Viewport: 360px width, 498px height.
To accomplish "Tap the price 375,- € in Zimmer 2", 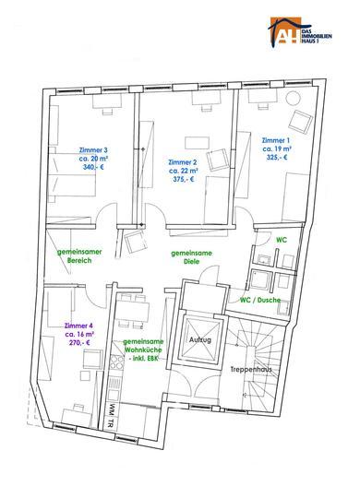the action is (183, 179).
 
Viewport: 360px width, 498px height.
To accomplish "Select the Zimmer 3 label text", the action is (93, 150).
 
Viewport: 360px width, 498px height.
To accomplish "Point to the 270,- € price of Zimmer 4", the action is (79, 343).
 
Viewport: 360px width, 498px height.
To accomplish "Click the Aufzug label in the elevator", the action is (200, 339).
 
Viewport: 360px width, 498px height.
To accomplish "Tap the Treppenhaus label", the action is (251, 370).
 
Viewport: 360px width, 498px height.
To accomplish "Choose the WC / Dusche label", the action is (260, 300).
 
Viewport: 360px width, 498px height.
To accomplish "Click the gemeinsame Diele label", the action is (191, 257).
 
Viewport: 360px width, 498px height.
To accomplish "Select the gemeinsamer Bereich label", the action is (79, 256).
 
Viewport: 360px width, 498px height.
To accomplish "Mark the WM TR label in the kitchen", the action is (111, 416).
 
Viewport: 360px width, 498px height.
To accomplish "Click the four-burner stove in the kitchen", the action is (116, 362).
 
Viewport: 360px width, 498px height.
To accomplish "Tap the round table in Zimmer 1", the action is (293, 98).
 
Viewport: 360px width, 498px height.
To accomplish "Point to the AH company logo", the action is (300, 31).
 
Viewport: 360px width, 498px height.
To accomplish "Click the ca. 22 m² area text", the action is (184, 171).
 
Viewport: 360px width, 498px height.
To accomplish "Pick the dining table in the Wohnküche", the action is (132, 312).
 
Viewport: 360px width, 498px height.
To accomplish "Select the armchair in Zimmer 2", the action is (218, 160).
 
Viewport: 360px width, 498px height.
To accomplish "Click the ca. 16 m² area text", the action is (79, 334).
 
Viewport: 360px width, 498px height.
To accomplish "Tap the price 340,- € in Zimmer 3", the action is (93, 167).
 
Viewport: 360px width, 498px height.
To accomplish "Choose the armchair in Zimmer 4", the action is (92, 360).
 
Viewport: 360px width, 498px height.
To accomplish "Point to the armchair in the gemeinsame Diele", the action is (136, 242).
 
